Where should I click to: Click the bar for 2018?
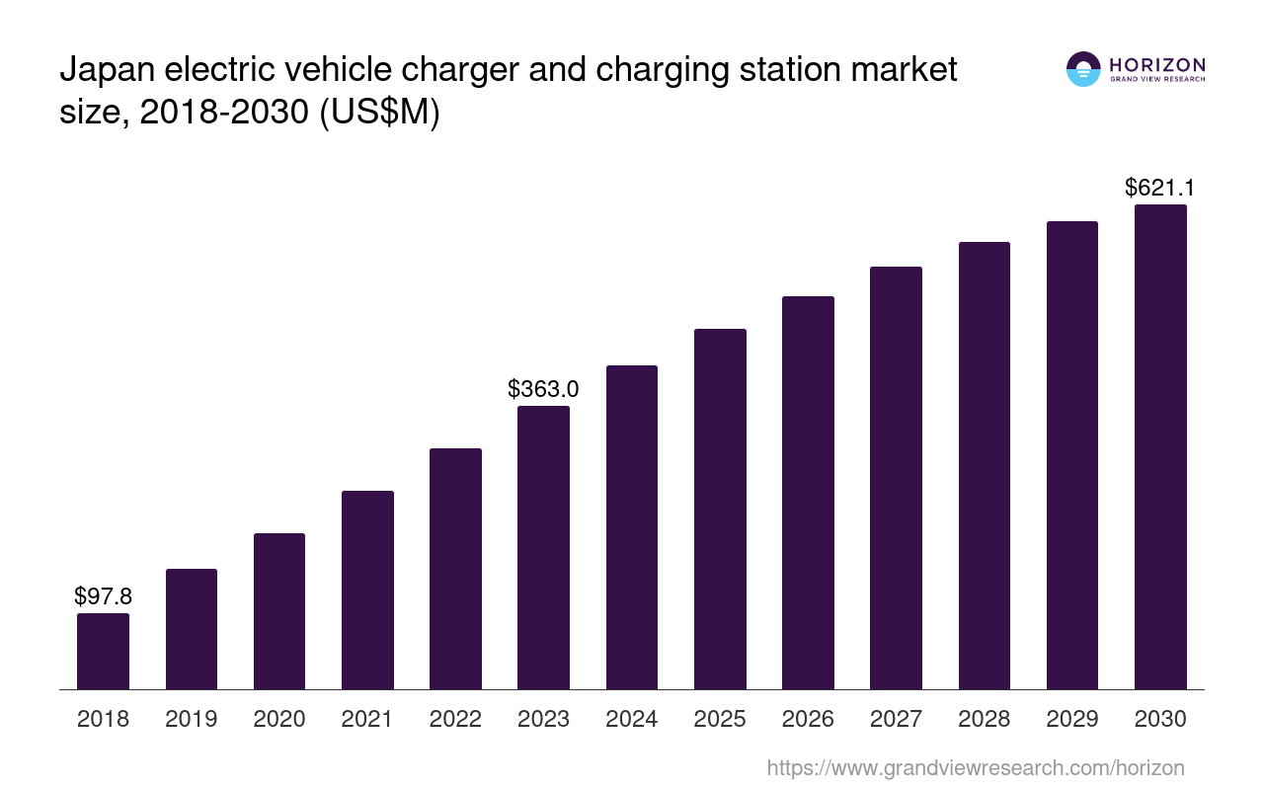[103, 652]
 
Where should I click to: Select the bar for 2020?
[279, 611]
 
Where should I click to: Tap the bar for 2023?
[543, 548]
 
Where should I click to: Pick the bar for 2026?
[808, 493]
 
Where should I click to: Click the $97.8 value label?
[103, 596]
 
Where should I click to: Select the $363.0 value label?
[543, 389]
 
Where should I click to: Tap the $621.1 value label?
[1160, 188]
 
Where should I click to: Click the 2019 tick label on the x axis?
[191, 719]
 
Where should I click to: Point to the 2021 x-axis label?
[367, 719]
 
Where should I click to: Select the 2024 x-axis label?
[631, 719]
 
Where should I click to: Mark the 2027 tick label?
[896, 719]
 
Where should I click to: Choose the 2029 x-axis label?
[1072, 719]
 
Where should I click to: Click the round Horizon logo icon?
[1083, 69]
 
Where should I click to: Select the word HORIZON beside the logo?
[1157, 64]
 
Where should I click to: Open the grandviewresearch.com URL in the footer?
[975, 767]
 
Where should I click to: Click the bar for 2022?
[455, 569]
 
